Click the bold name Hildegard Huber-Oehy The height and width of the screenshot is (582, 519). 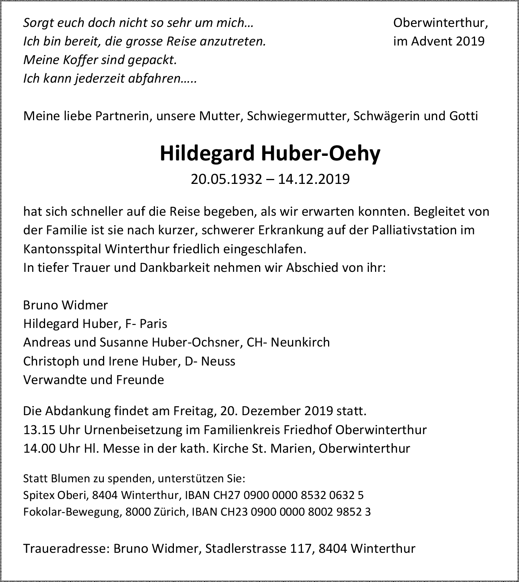click(x=270, y=153)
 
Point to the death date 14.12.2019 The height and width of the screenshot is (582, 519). click(x=314, y=179)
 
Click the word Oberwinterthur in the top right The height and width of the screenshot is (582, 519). click(x=440, y=23)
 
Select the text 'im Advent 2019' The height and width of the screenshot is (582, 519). click(x=439, y=41)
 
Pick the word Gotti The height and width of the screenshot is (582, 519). click(x=464, y=116)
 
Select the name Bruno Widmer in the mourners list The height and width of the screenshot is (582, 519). click(x=66, y=305)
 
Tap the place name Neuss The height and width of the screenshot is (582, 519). click(x=218, y=361)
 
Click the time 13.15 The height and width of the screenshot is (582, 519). click(x=39, y=430)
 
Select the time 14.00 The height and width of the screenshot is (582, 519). click(x=39, y=448)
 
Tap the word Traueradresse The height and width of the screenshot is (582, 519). click(x=66, y=548)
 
